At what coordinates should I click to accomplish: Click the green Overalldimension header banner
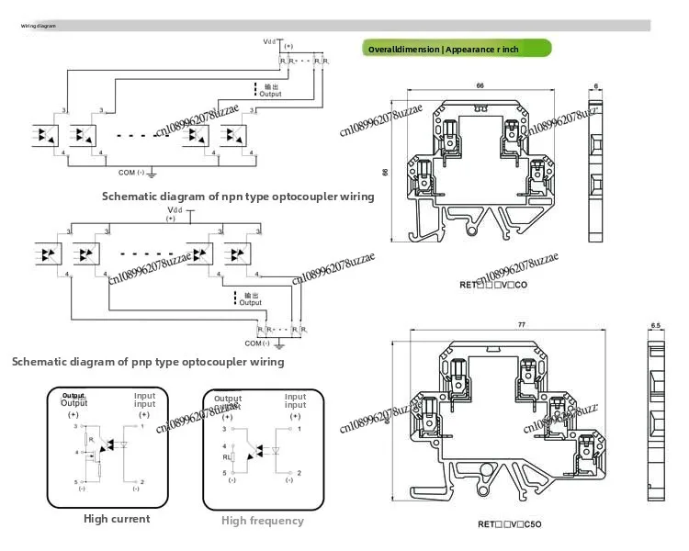click(x=457, y=49)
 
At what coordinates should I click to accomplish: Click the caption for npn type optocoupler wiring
click(x=237, y=196)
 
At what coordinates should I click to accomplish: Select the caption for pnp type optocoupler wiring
click(x=148, y=361)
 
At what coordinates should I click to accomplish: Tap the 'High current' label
click(x=117, y=519)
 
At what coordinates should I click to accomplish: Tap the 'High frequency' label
click(x=262, y=521)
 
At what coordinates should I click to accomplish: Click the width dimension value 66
click(x=480, y=85)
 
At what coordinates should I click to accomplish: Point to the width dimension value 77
click(x=495, y=325)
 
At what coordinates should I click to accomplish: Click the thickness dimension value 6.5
click(x=656, y=325)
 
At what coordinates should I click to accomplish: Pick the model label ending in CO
click(x=493, y=285)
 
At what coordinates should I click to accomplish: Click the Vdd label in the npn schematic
click(x=269, y=41)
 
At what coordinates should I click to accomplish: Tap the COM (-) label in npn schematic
click(x=133, y=172)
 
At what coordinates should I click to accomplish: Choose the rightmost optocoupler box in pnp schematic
click(x=236, y=252)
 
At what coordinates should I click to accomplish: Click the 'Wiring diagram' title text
click(x=39, y=26)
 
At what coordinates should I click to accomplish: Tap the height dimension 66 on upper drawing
click(x=385, y=171)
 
